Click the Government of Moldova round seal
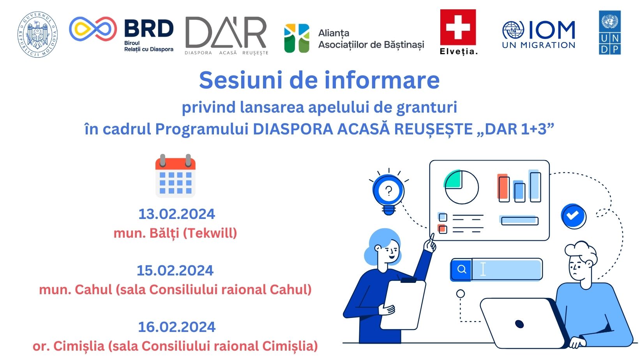pos(37,34)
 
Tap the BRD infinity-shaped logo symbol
pos(93,29)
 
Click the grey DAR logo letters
pos(226,33)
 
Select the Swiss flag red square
pos(458,27)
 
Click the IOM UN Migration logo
pos(538,35)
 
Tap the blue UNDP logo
pos(610,33)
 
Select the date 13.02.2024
pos(177,214)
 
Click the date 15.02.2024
pos(175,270)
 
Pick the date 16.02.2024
pos(177,327)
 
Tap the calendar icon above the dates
pos(175,176)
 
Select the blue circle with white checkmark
pos(573,215)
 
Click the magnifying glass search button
pos(461,269)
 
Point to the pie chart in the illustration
pos(461,187)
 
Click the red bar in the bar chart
pos(503,188)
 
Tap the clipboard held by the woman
pos(403,304)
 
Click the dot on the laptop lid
pos(519,323)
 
